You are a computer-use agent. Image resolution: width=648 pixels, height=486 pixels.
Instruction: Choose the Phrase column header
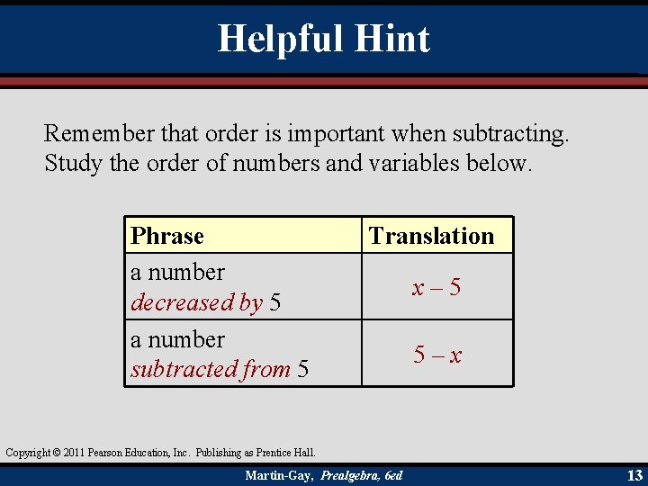click(167, 236)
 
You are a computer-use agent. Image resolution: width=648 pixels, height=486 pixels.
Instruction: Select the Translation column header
click(432, 236)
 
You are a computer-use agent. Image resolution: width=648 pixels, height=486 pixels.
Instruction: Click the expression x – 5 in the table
click(436, 287)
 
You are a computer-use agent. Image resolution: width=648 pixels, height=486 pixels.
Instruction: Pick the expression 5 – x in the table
click(437, 355)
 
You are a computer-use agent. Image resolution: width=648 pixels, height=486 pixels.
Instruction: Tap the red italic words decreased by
click(196, 302)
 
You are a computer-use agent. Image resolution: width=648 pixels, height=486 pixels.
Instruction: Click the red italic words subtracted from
click(211, 369)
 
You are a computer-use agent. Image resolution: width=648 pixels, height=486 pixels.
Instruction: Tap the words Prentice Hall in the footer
click(288, 452)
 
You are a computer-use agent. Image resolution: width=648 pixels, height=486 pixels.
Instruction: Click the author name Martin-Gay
click(278, 475)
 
